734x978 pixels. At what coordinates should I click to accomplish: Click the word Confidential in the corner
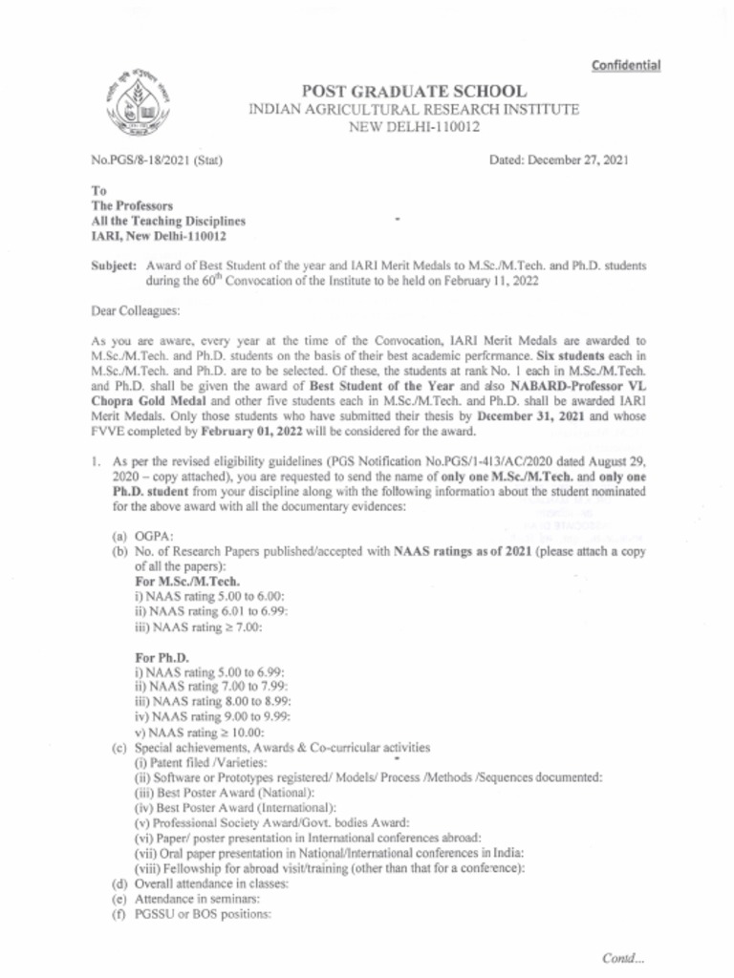[x=626, y=65]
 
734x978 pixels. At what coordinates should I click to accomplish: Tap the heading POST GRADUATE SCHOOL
[x=413, y=92]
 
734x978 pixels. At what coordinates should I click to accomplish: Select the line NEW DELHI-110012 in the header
[x=413, y=127]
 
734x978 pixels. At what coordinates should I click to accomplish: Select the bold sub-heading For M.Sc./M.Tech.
[x=187, y=581]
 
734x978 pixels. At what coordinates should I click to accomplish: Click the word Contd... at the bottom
[x=623, y=957]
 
